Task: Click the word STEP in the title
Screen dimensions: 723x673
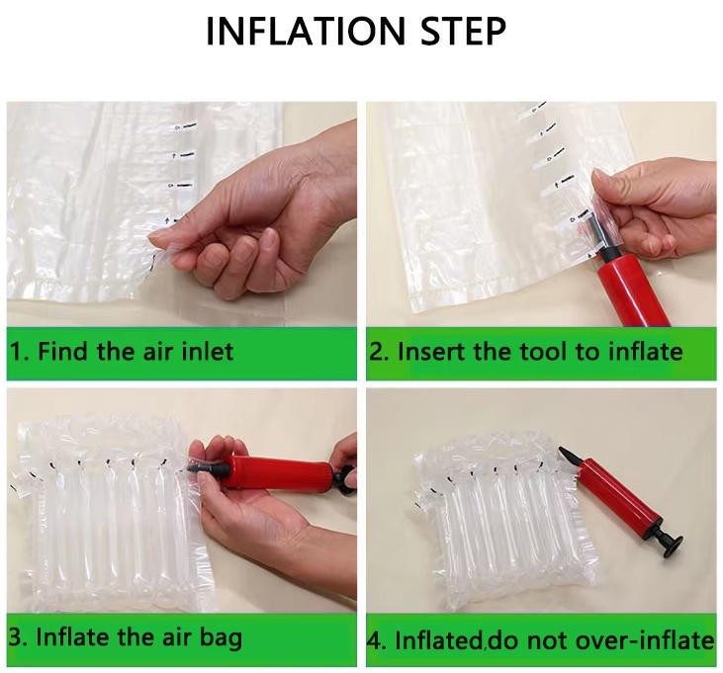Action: point(464,31)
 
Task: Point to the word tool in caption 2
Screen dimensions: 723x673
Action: point(543,352)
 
